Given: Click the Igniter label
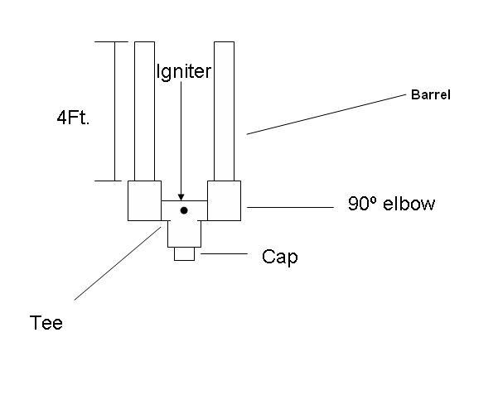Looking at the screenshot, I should point(183,71).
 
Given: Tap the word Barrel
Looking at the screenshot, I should point(431,94).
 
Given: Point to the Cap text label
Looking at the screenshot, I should point(279,257).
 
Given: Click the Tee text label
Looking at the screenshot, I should point(46,322).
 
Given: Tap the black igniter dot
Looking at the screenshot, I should point(184,210).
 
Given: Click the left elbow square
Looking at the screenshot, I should point(144,200).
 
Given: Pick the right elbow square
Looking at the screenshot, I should point(224,200).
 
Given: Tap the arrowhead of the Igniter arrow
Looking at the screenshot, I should point(181,197).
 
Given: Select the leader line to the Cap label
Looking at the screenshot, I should point(224,254).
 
